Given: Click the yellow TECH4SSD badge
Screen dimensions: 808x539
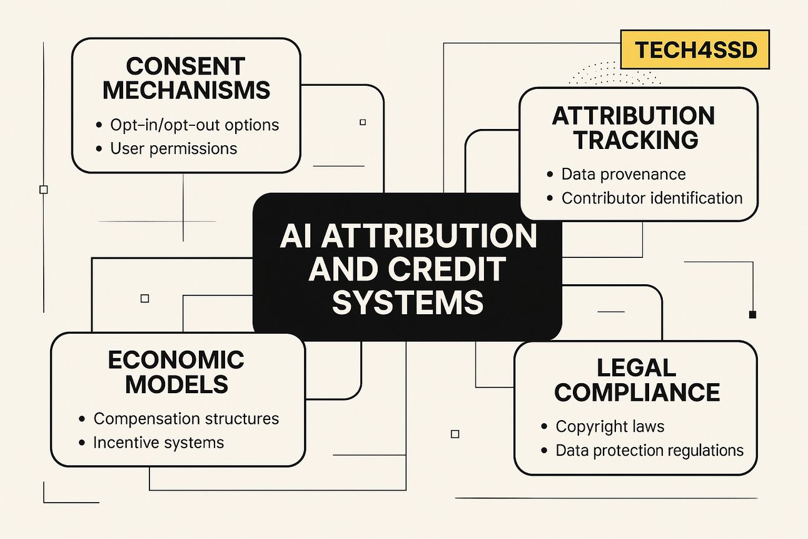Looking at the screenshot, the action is (x=695, y=49).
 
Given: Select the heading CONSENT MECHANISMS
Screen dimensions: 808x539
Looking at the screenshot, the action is (x=186, y=78).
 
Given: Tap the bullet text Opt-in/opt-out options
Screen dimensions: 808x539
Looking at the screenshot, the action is (x=194, y=125).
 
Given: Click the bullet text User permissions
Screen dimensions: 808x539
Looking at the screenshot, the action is (x=173, y=148).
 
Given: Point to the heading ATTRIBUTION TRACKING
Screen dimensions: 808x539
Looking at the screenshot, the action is (x=634, y=128).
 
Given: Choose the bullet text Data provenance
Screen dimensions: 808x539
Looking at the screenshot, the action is (x=624, y=174).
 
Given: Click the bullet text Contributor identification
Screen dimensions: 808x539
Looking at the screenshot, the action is (x=652, y=198).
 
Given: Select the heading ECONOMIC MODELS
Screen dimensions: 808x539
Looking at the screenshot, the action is (x=176, y=372).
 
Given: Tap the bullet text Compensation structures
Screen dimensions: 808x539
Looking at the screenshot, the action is (x=186, y=419).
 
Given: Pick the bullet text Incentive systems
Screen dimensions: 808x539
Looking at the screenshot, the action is (x=159, y=443).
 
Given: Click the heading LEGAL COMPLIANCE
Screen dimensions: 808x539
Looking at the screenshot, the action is (x=637, y=380).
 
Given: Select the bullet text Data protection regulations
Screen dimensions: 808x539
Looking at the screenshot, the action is (x=650, y=450).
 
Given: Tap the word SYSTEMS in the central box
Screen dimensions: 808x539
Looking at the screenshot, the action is (x=408, y=302).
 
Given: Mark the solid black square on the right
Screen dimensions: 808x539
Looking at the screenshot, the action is (x=752, y=314).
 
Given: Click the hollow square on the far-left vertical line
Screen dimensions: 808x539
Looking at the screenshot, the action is (x=44, y=190).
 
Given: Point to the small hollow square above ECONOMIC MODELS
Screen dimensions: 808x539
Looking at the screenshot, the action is (x=144, y=299).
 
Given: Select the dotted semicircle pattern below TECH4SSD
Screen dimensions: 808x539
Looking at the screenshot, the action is (x=615, y=73).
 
